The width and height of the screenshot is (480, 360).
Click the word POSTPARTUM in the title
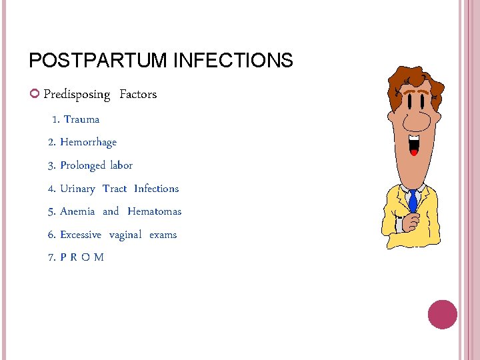(x=98, y=61)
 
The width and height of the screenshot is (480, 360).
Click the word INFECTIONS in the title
(x=233, y=61)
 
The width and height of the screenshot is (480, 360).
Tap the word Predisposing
(x=77, y=94)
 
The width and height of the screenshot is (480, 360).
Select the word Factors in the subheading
(x=138, y=94)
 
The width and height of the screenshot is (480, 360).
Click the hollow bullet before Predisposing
(x=35, y=94)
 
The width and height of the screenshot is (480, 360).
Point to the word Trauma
(x=81, y=119)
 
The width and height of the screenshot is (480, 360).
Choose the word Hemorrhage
(x=88, y=142)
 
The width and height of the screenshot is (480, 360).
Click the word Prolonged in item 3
(x=83, y=165)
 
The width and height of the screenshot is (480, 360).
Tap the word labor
(x=121, y=165)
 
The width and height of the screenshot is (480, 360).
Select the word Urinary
(x=77, y=189)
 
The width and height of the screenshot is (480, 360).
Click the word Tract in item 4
(x=115, y=189)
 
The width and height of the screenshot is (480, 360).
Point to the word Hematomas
(x=154, y=211)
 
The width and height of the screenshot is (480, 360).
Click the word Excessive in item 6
(x=81, y=235)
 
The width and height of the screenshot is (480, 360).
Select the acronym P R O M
(x=82, y=257)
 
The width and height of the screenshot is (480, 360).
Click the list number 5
(x=51, y=211)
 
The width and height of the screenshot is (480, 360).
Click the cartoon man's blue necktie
(x=413, y=201)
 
